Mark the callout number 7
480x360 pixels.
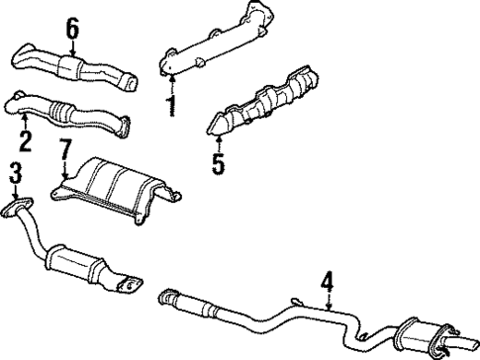pyautogui.click(x=65, y=151)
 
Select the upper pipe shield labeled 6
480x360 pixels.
pyautogui.click(x=74, y=69)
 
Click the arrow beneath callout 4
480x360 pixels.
pyautogui.click(x=328, y=302)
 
